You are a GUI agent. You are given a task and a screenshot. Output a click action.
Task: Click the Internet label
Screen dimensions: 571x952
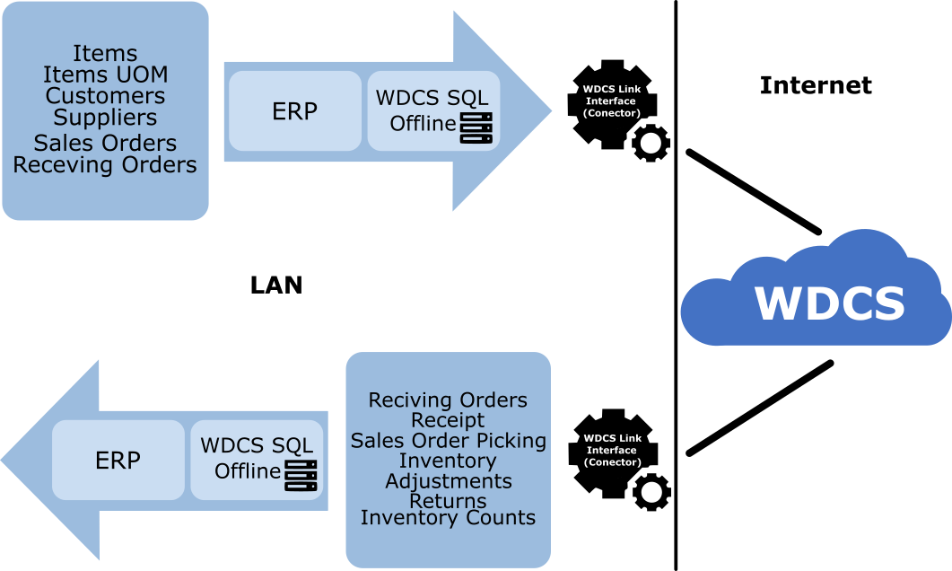pyautogui.click(x=816, y=85)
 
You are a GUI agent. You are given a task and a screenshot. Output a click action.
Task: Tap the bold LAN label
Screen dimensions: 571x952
pyautogui.click(x=275, y=285)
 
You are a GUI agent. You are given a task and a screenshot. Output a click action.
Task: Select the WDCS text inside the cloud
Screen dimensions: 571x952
pyautogui.click(x=829, y=303)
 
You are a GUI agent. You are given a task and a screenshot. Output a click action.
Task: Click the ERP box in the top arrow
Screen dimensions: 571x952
pyautogui.click(x=294, y=110)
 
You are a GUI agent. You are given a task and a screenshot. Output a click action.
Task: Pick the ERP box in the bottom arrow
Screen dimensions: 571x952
pyautogui.click(x=118, y=461)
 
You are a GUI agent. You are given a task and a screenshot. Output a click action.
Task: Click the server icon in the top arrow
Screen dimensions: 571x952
pyautogui.click(x=478, y=129)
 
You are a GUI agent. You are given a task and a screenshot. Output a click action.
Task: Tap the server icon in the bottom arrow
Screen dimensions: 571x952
pyautogui.click(x=301, y=475)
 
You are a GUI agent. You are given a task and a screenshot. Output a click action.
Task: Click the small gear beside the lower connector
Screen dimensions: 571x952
pyautogui.click(x=651, y=492)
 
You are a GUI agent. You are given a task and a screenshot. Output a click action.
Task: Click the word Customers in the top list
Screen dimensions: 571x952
pyautogui.click(x=105, y=96)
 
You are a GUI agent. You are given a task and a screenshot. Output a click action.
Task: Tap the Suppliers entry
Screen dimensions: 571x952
pyautogui.click(x=105, y=118)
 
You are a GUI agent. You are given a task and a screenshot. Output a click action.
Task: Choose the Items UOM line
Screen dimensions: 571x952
pyautogui.click(x=105, y=75)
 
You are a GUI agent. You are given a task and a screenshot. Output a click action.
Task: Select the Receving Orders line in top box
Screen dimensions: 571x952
pyautogui.click(x=105, y=165)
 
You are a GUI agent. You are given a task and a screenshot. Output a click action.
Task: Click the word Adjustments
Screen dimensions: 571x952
pyautogui.click(x=448, y=481)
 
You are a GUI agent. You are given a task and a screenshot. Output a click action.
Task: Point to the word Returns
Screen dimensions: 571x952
pyautogui.click(x=448, y=501)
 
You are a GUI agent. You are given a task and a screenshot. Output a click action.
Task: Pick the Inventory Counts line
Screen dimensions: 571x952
pyautogui.click(x=448, y=518)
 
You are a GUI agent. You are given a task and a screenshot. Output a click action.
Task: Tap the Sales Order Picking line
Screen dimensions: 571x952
pyautogui.click(x=448, y=441)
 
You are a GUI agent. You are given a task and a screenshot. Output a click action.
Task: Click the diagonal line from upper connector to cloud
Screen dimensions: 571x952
pyautogui.click(x=754, y=191)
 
